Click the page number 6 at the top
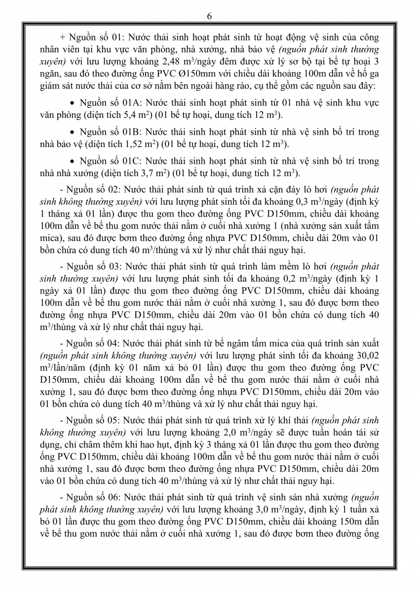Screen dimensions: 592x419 [x=209, y=16]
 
